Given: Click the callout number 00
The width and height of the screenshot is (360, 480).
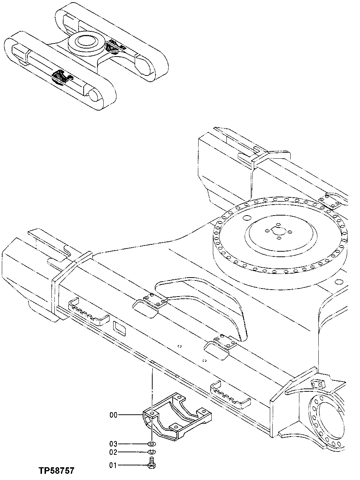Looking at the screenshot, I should (113, 415).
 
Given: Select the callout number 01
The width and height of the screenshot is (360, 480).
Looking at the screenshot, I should (113, 465).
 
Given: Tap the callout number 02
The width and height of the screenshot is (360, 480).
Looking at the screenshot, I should (113, 452).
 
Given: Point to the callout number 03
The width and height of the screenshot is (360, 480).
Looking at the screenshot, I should (113, 444).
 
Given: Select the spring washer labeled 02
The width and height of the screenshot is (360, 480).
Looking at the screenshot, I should (152, 453).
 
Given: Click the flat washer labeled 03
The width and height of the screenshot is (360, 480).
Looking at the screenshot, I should (152, 444).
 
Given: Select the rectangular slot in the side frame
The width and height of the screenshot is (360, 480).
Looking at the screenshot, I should (119, 328).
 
